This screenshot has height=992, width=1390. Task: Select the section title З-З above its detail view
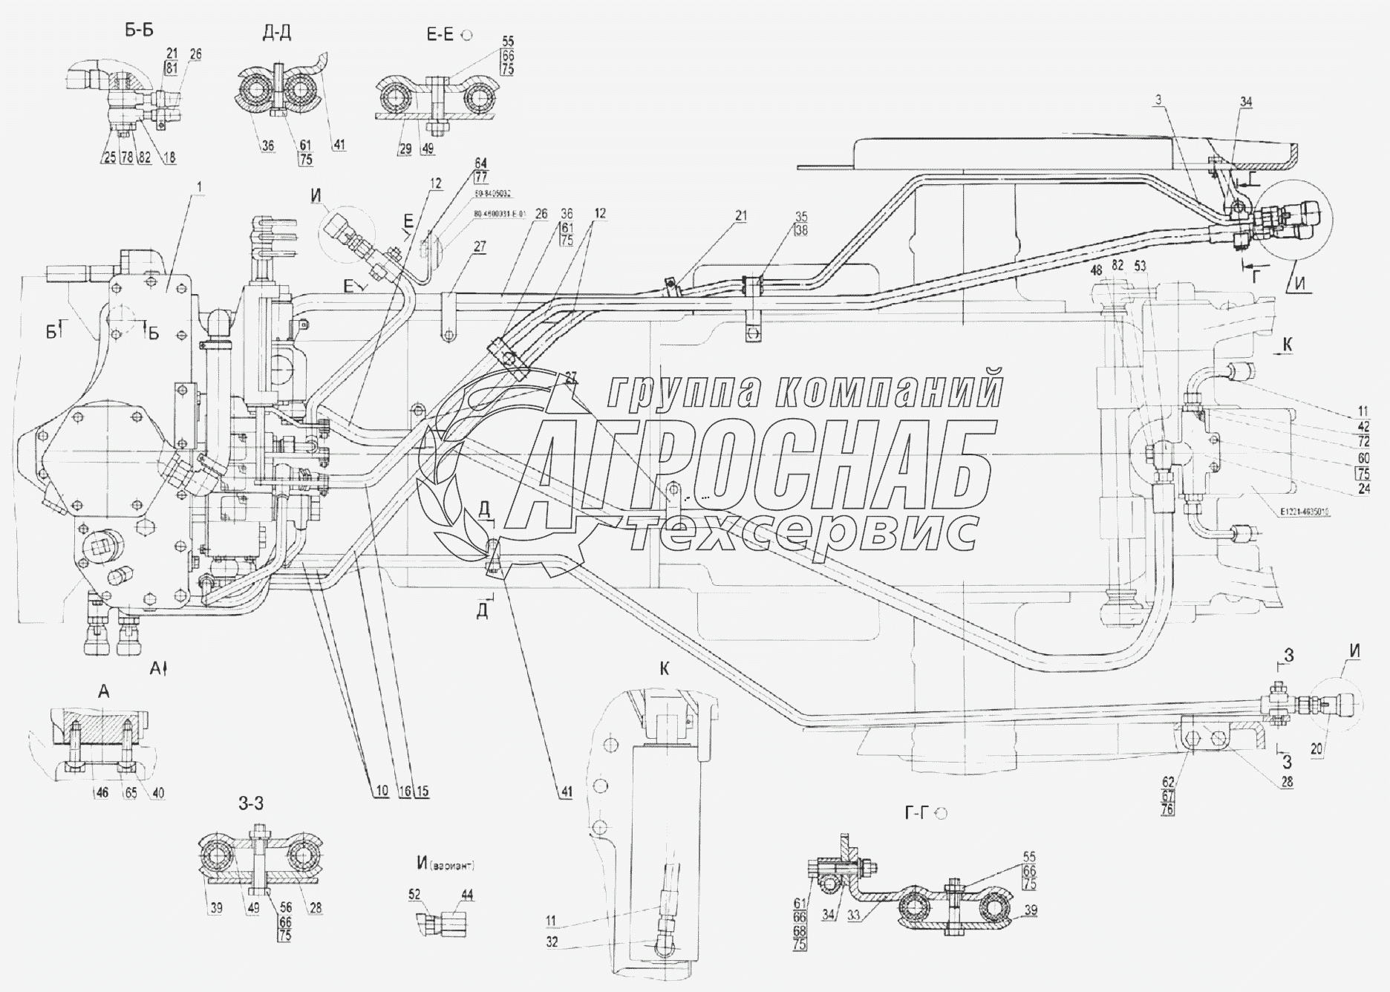[250, 803]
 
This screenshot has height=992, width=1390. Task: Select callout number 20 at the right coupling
[1316, 751]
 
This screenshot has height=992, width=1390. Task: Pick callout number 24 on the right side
[1363, 489]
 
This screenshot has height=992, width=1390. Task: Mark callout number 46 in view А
[101, 793]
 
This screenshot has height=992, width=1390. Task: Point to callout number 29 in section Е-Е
[405, 149]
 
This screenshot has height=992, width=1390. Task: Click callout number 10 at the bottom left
[382, 792]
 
